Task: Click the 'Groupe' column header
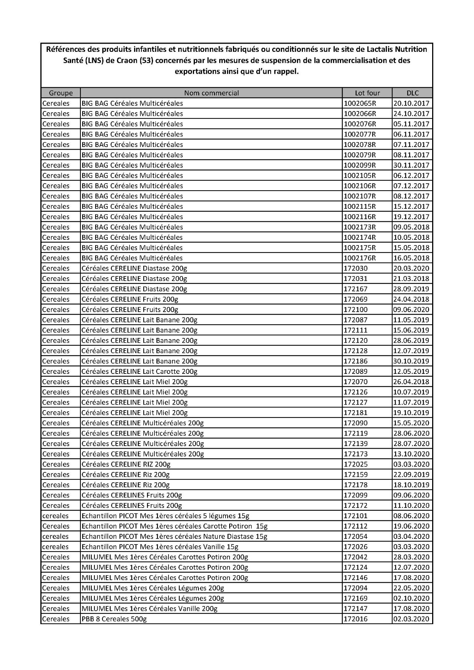pos(60,93)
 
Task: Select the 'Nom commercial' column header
pos(211,93)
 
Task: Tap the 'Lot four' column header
pos(367,93)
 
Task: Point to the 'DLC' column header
pos(412,93)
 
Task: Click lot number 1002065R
pos(360,103)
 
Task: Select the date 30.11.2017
pos(411,165)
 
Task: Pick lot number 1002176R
pos(360,258)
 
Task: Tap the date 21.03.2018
pos(411,279)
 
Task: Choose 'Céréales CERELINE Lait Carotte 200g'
pos(139,371)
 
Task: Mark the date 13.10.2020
pos(411,454)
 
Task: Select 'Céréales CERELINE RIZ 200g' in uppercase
pos(126,464)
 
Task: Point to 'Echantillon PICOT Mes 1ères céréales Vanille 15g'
pos(160,547)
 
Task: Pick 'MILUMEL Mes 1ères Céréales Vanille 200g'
pos(149,609)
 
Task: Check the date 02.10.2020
pos(411,598)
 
